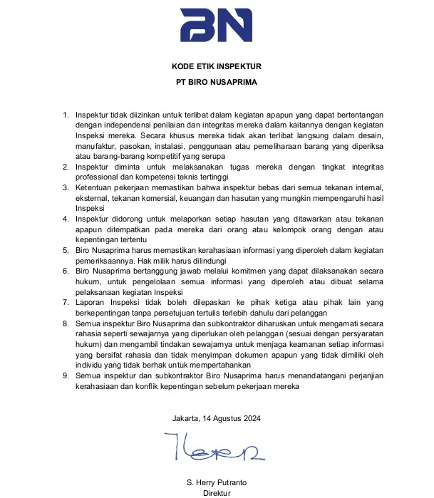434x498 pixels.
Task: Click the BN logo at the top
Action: pos(216,26)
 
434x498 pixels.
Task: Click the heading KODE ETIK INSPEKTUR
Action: pos(217,67)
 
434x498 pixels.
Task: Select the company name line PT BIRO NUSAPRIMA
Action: pos(217,82)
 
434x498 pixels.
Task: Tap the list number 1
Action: pos(66,115)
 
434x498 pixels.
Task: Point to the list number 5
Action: pos(66,251)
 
